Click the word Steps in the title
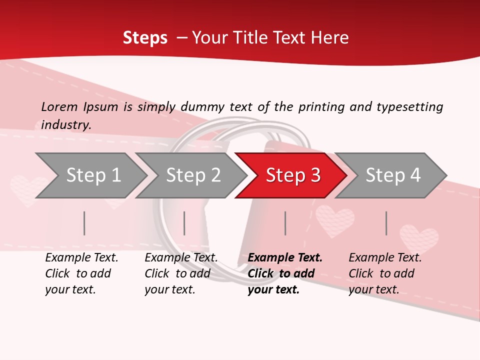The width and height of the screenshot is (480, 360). coord(145,38)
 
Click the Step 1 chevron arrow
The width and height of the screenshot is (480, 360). coord(90,175)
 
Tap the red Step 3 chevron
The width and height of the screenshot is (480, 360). coord(292,175)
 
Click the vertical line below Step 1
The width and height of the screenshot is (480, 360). coord(84,223)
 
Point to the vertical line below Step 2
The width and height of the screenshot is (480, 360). coord(184,223)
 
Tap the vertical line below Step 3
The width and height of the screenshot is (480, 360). coord(285,223)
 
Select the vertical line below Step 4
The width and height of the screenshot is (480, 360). coord(386,223)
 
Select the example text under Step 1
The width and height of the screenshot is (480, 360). coord(81,273)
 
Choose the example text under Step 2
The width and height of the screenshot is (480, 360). coord(181,273)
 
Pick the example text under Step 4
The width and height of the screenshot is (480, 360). coord(385,273)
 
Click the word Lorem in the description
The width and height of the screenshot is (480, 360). coord(59,106)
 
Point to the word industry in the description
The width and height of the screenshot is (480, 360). coord(65,125)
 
